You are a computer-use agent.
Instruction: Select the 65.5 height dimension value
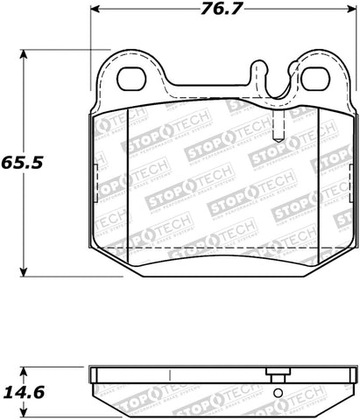click(x=24, y=163)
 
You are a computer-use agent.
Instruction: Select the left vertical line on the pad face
click(x=128, y=175)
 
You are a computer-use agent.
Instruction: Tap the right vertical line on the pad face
click(x=319, y=175)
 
